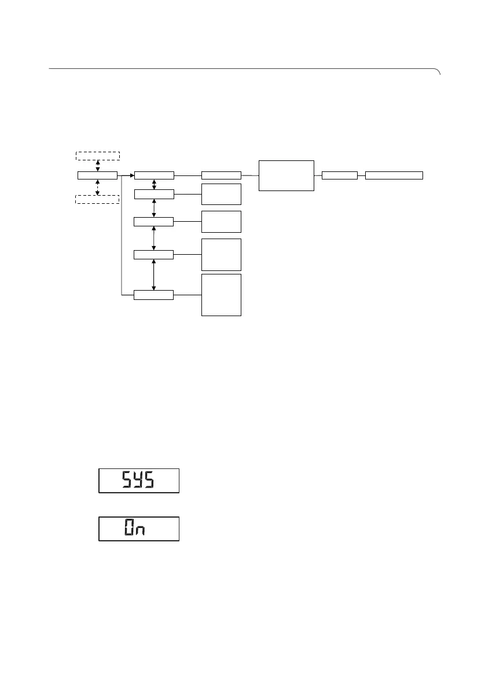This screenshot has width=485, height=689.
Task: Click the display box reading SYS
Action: tap(139, 481)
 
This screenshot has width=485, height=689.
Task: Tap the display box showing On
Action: tap(139, 529)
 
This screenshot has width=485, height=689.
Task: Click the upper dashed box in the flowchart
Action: tap(97, 155)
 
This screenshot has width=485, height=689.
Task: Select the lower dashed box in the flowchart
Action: tap(97, 200)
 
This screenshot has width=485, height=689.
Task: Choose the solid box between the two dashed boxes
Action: tap(97, 175)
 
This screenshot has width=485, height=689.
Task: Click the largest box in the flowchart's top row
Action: tap(286, 175)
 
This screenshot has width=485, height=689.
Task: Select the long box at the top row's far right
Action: tap(394, 175)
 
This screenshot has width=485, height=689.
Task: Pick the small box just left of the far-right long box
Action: tap(340, 175)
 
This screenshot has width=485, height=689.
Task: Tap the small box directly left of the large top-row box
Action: tap(221, 175)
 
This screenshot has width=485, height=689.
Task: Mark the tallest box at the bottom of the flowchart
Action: tap(221, 295)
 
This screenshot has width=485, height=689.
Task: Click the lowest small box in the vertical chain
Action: tap(153, 295)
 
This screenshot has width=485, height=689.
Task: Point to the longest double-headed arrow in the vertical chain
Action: tap(153, 275)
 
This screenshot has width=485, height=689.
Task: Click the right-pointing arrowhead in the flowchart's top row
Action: tap(131, 175)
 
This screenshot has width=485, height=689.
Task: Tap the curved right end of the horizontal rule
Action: tap(438, 72)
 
